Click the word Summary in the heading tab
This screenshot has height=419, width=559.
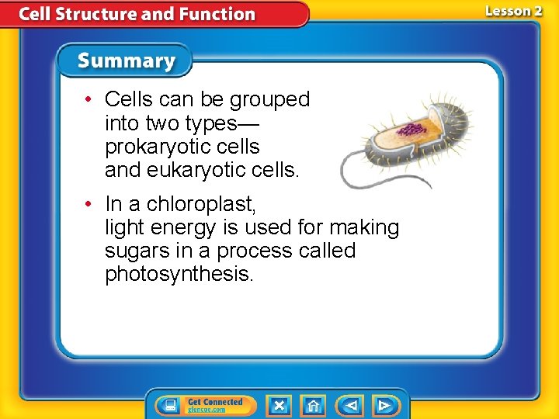(x=127, y=61)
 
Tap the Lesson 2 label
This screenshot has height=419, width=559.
(x=513, y=11)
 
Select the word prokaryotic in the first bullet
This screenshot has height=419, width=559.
(x=161, y=147)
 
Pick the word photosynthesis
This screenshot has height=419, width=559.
(x=179, y=274)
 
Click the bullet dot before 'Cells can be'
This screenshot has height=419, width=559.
(x=90, y=99)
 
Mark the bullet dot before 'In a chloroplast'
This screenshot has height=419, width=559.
(x=90, y=204)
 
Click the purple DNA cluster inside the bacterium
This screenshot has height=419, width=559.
(x=413, y=129)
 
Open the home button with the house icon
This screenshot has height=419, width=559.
(x=312, y=405)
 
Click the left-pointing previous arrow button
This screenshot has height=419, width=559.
(x=351, y=405)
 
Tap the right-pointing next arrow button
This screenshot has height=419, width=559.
(x=384, y=405)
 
